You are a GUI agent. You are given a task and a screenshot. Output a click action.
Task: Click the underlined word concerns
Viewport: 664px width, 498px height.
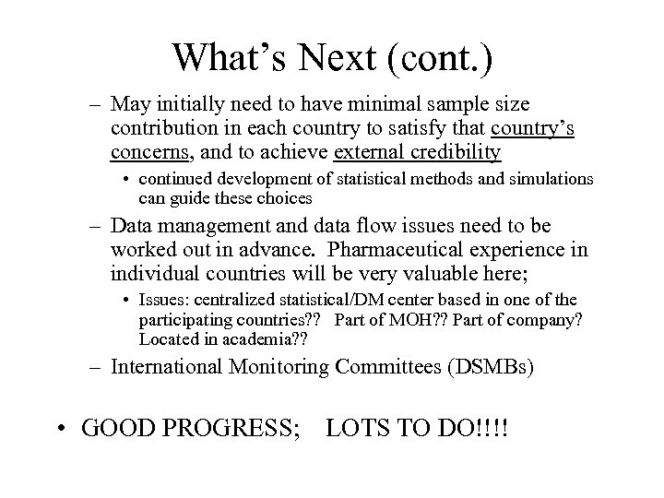tap(150, 151)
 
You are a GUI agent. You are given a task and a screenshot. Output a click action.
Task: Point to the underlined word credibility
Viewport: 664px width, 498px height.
tap(447, 151)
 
